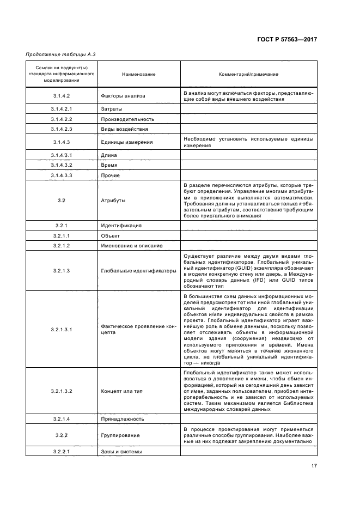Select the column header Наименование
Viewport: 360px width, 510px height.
[138, 74]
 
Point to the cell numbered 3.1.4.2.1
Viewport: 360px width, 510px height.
[62, 109]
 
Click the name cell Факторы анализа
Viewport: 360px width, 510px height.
[123, 96]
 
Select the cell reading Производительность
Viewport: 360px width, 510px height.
[127, 119]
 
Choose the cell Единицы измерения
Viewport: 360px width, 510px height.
[126, 142]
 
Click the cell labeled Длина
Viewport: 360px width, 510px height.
[109, 155]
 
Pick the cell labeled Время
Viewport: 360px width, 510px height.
[109, 165]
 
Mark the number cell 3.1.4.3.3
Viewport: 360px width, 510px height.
[62, 175]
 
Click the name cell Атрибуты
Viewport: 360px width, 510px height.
[113, 201]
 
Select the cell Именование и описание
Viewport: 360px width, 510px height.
[132, 246]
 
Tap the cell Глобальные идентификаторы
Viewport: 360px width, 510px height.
[138, 271]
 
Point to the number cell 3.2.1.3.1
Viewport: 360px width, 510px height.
[62, 330]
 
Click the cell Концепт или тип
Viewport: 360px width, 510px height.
[122, 391]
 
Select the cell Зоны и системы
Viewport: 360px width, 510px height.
[121, 452]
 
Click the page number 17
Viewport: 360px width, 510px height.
[314, 466]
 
